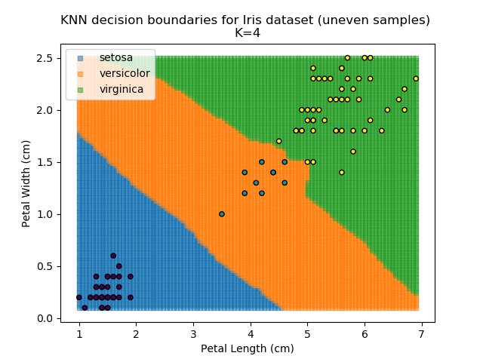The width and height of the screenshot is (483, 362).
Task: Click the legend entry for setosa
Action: coord(116,58)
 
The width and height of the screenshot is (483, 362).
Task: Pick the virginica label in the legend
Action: coord(121,90)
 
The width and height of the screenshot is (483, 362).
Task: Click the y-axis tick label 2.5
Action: coord(45,58)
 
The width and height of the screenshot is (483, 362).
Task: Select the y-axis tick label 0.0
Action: coord(45,318)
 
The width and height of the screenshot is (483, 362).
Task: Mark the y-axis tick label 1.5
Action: coord(45,162)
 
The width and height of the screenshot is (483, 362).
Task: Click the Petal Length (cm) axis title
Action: coord(247,348)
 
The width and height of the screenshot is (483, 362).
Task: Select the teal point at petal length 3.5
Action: coord(222,214)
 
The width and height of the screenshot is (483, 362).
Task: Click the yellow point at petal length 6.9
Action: coord(416,78)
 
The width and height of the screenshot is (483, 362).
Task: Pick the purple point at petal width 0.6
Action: coord(113,256)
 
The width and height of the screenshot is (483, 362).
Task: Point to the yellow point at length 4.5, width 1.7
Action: coord(278,141)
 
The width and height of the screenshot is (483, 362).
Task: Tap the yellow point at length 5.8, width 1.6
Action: coord(353,152)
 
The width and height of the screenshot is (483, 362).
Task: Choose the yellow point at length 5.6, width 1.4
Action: coord(342,173)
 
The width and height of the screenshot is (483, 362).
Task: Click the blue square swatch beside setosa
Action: coord(80,58)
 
